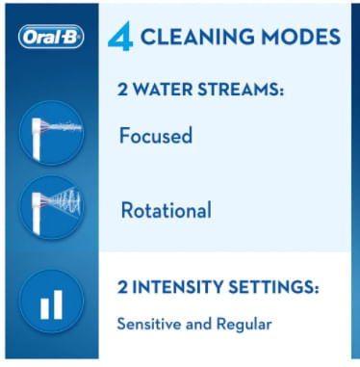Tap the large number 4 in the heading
coord(119,37)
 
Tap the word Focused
coord(157,136)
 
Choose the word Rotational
coord(167,209)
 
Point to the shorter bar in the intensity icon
coord(41,306)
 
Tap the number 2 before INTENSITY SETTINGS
coord(123,287)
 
